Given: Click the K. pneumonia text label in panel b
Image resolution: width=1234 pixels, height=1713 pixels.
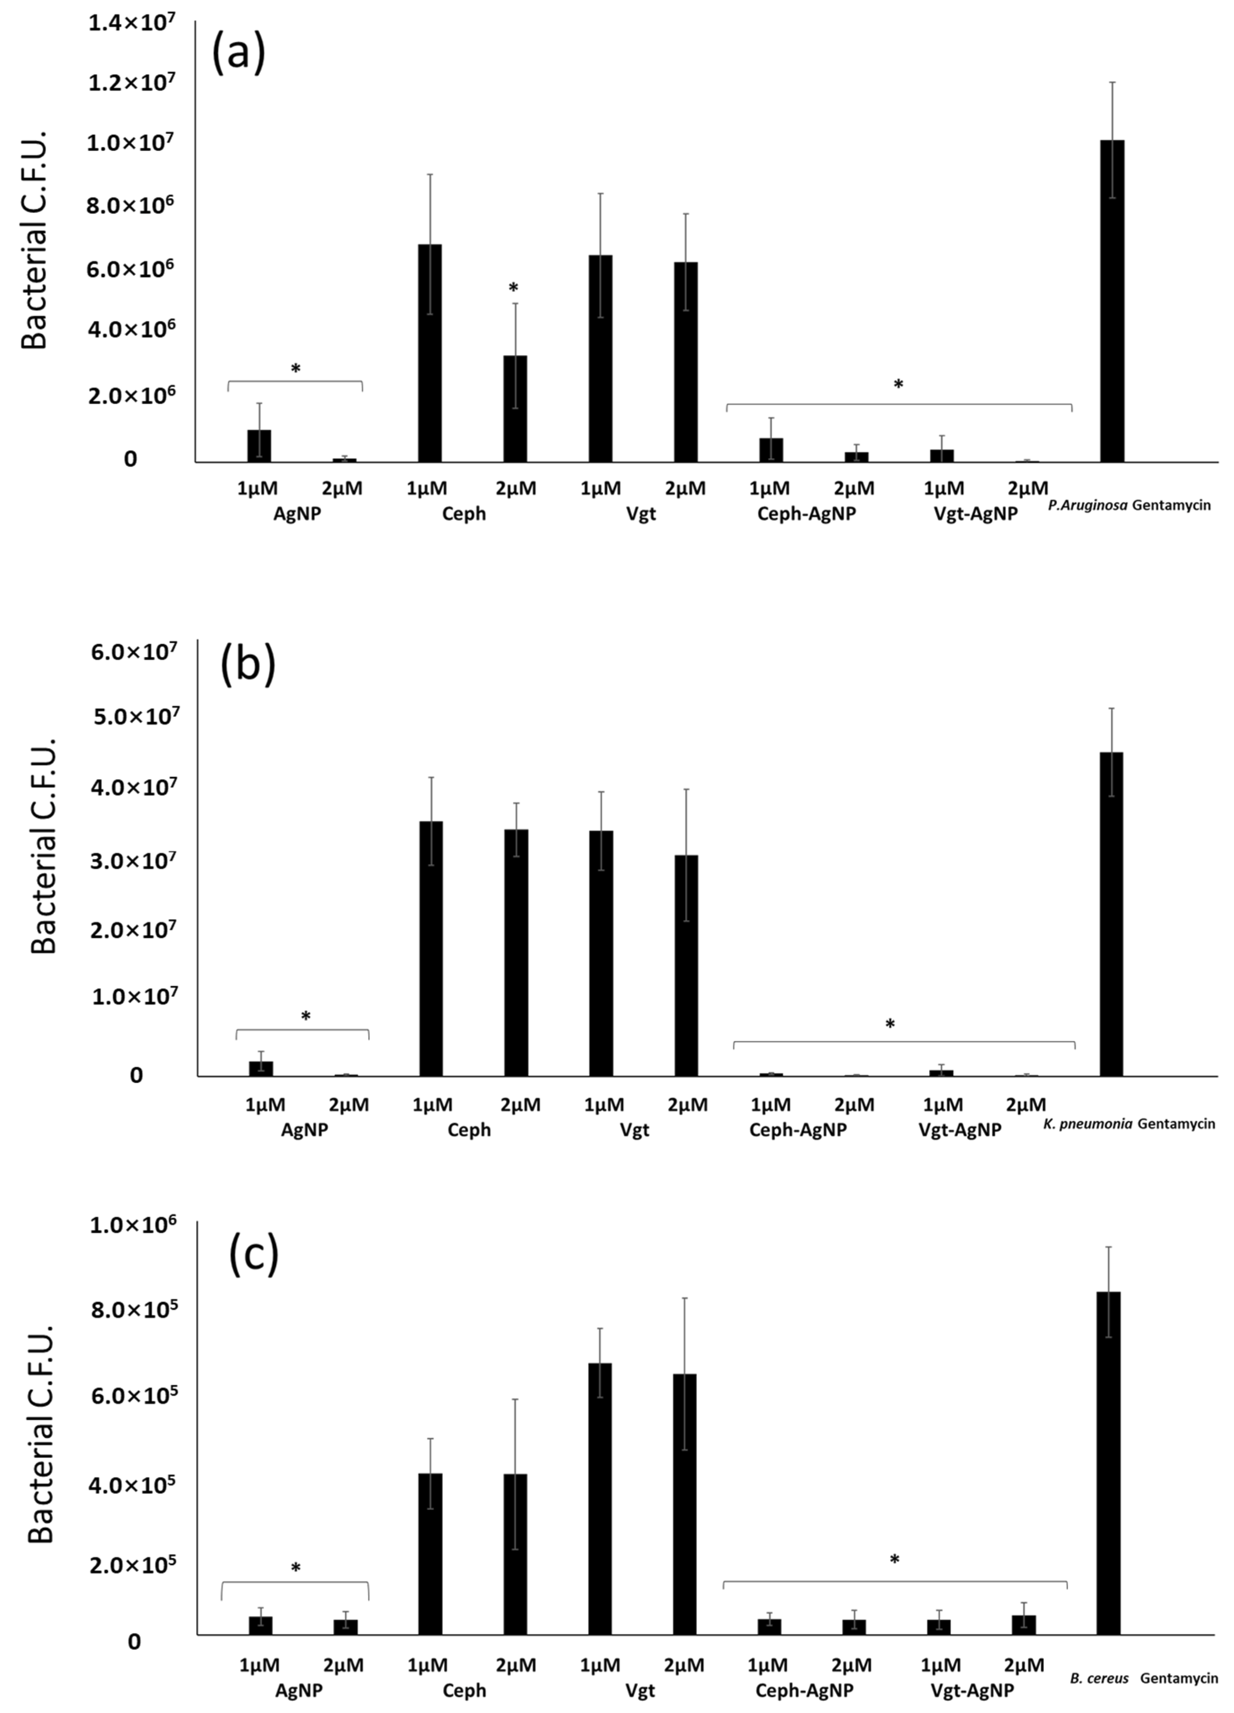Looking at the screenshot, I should tap(1088, 1124).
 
